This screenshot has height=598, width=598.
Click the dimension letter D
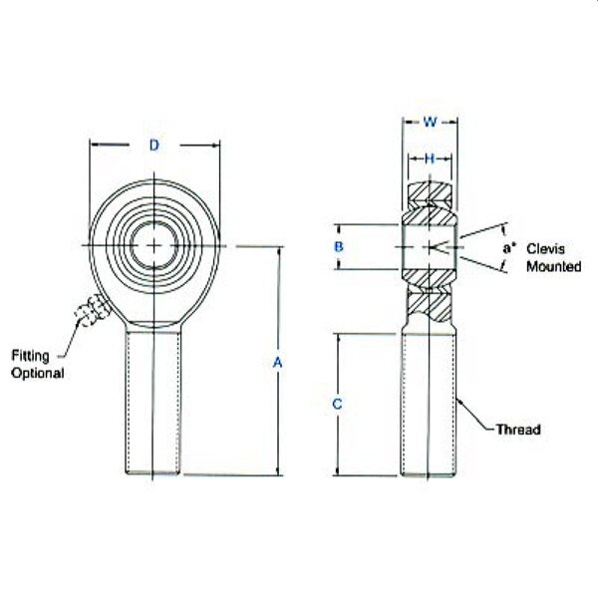154,146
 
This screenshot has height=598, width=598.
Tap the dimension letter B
339,245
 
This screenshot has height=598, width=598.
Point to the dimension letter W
431,123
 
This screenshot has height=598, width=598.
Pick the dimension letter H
430,158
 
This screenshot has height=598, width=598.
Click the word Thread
517,431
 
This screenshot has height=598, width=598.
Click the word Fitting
31,356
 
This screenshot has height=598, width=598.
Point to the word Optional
37,373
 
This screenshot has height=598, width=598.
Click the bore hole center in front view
155,245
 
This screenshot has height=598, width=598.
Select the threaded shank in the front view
153,399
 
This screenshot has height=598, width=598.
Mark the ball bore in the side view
430,245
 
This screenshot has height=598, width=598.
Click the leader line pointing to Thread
476,417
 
